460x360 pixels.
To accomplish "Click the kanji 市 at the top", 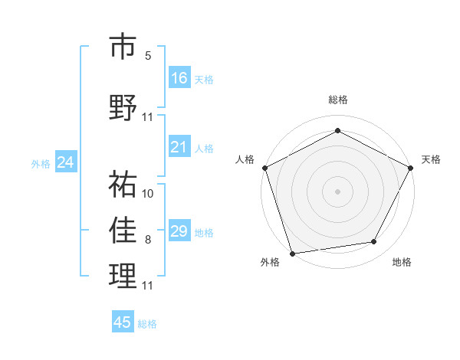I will pyautogui.click(x=123, y=47).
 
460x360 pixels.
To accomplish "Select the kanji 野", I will pyautogui.click(x=123, y=106).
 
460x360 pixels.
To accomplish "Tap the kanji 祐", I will pyautogui.click(x=123, y=183).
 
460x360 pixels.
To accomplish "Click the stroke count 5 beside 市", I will pyautogui.click(x=148, y=56).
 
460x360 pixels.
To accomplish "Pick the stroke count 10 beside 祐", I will pyautogui.click(x=148, y=193).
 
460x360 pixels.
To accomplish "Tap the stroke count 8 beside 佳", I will pyautogui.click(x=148, y=241).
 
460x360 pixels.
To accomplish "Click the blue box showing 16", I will pyautogui.click(x=179, y=77).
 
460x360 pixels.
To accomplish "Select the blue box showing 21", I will pyautogui.click(x=179, y=147).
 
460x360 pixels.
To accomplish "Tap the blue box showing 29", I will pyautogui.click(x=179, y=231).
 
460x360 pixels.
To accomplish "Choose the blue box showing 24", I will pyautogui.click(x=65, y=162).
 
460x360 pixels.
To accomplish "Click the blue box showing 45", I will pyautogui.click(x=123, y=322).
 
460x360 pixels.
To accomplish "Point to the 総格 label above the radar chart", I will pyautogui.click(x=337, y=100).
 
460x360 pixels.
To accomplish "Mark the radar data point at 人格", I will pyautogui.click(x=264, y=167).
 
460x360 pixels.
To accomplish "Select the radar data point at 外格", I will pyautogui.click(x=292, y=253).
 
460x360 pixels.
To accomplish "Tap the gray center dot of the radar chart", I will pyautogui.click(x=337, y=191).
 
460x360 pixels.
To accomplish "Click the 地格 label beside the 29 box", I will pyautogui.click(x=205, y=232).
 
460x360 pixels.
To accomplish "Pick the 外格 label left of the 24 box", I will pyautogui.click(x=41, y=163).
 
